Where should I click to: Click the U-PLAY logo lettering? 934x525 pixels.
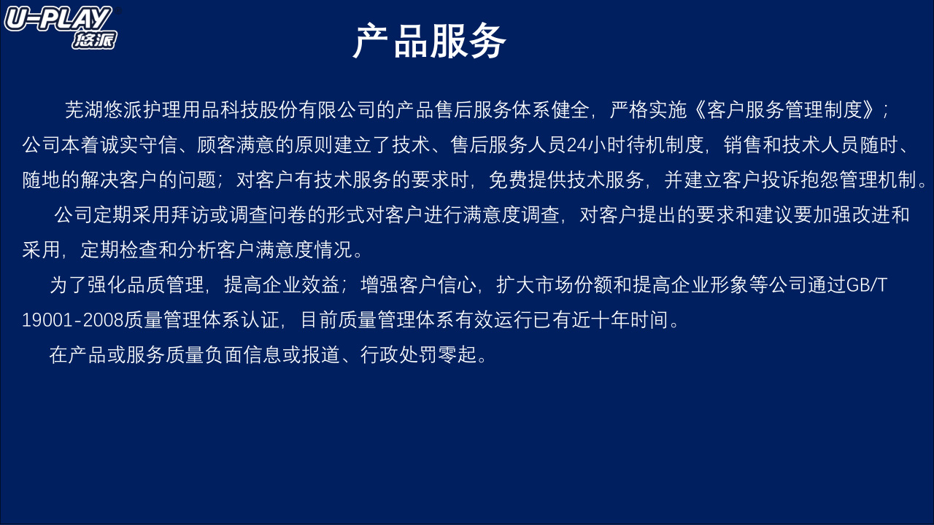click(58, 19)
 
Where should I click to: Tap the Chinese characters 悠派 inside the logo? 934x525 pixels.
click(94, 40)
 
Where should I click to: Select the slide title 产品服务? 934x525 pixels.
click(429, 42)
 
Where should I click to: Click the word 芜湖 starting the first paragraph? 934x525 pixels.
click(84, 110)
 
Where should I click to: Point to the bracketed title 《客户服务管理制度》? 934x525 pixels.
click(784, 110)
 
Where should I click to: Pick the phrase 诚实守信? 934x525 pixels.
click(139, 145)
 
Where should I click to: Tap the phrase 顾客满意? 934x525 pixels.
click(236, 145)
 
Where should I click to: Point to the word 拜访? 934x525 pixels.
click(190, 215)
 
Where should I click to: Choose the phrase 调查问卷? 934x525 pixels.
click(268, 215)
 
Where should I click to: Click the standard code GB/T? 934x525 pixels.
click(867, 285)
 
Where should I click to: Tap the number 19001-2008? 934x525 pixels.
click(72, 320)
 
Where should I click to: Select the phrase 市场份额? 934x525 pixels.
click(574, 285)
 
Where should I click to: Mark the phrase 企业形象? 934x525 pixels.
click(711, 285)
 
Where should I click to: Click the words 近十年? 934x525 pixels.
click(601, 320)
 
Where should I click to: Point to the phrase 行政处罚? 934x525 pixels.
click(399, 355)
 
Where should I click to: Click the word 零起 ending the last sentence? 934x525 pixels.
click(458, 355)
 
